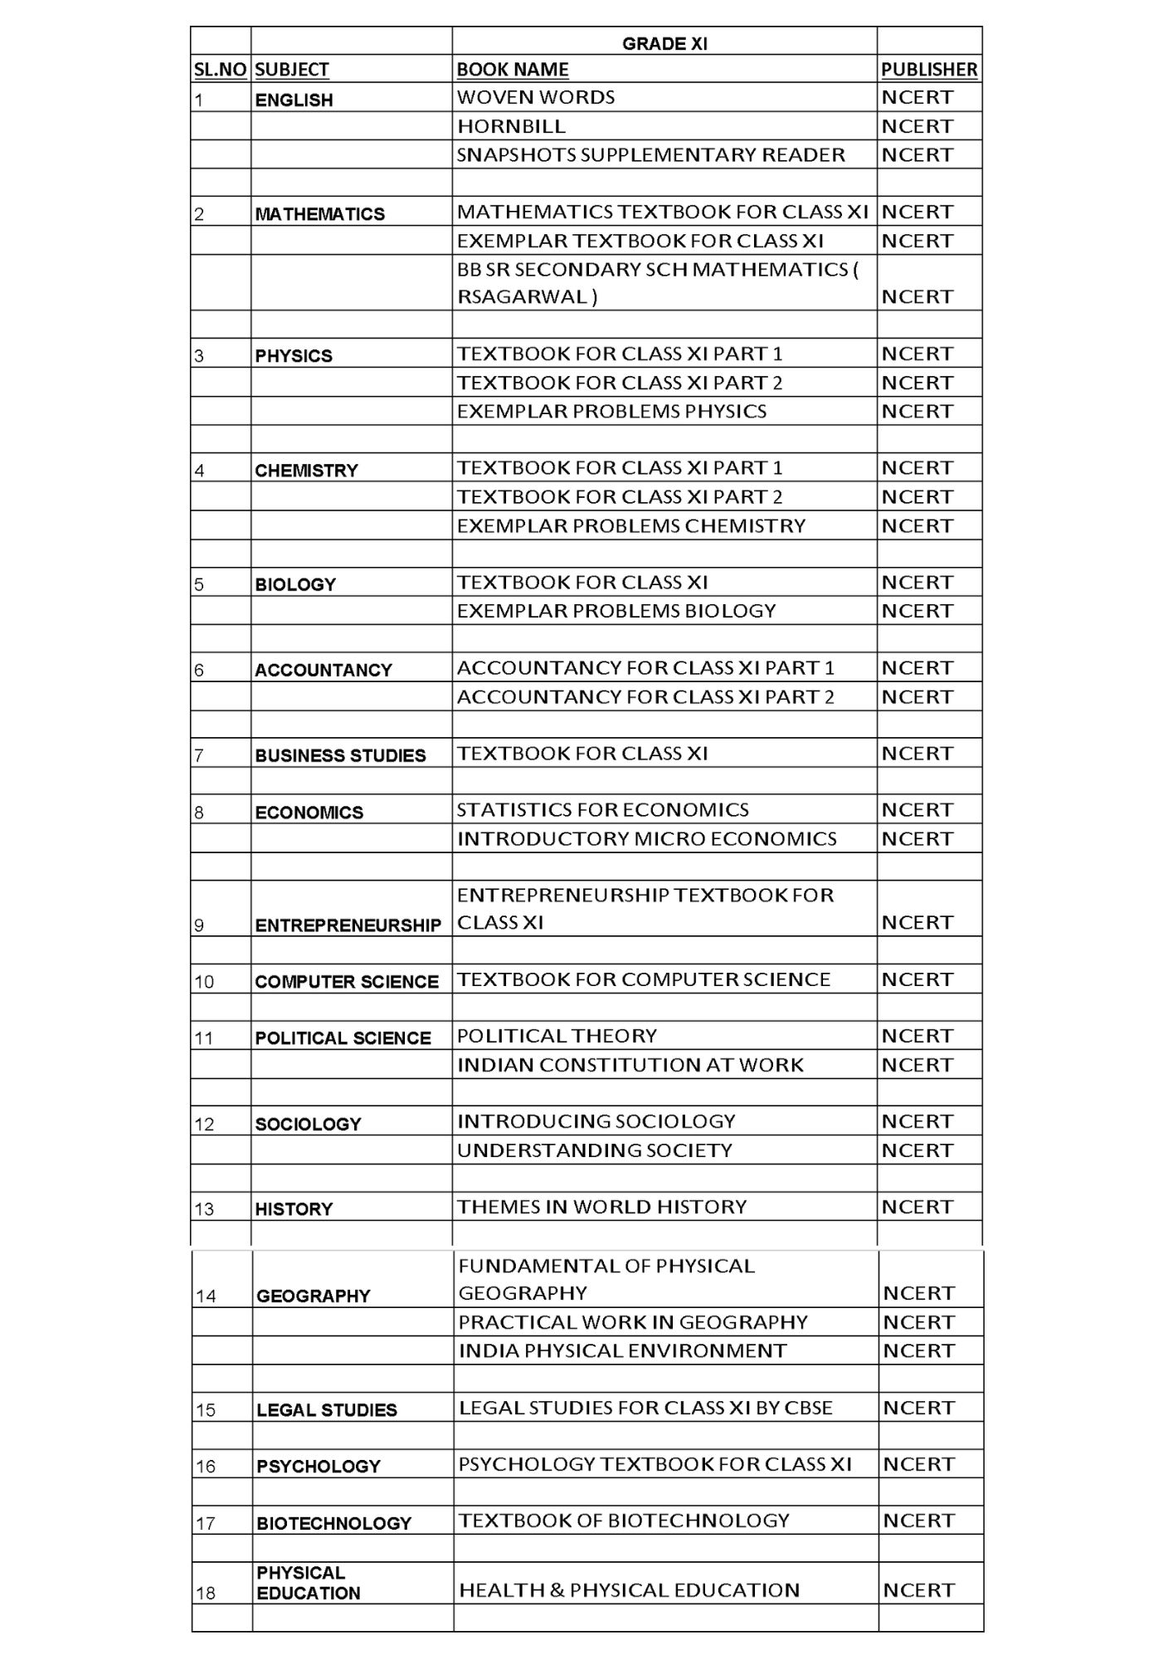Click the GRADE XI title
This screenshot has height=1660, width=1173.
point(664,44)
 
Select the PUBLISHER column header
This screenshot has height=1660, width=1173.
point(929,70)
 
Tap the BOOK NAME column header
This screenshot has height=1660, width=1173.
point(513,70)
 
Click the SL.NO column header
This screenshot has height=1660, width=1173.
point(221,70)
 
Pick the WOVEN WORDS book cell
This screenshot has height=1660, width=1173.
point(536,97)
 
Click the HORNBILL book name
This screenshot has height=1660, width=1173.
point(511,126)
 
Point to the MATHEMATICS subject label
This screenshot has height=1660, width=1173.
point(320,214)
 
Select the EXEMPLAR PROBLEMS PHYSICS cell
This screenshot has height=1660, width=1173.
point(611,411)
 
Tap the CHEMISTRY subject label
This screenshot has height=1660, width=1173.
point(306,471)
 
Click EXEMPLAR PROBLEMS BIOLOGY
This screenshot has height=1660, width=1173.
point(616,611)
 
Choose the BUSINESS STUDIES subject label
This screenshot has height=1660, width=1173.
point(340,755)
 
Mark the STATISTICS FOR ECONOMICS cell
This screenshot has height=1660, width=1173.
point(603,809)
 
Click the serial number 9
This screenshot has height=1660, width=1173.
point(199,925)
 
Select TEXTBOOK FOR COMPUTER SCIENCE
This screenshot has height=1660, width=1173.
point(644,979)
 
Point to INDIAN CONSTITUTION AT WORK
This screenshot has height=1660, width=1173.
point(630,1065)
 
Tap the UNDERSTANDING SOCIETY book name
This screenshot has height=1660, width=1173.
point(595,1150)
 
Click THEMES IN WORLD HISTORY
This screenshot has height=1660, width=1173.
point(602,1207)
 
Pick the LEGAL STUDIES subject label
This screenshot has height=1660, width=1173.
point(327,1410)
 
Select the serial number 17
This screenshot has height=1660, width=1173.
point(206,1524)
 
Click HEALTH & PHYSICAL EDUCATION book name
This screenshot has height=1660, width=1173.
point(630,1590)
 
